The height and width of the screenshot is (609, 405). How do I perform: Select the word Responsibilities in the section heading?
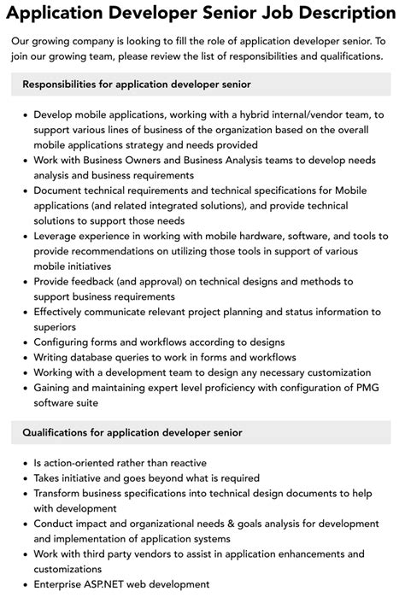(64, 85)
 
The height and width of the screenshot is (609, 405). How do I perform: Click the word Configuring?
(66, 342)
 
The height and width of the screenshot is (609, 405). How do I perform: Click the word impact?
(98, 524)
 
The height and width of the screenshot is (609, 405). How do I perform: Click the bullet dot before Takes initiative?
(25, 477)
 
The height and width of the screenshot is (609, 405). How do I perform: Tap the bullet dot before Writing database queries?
(25, 357)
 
